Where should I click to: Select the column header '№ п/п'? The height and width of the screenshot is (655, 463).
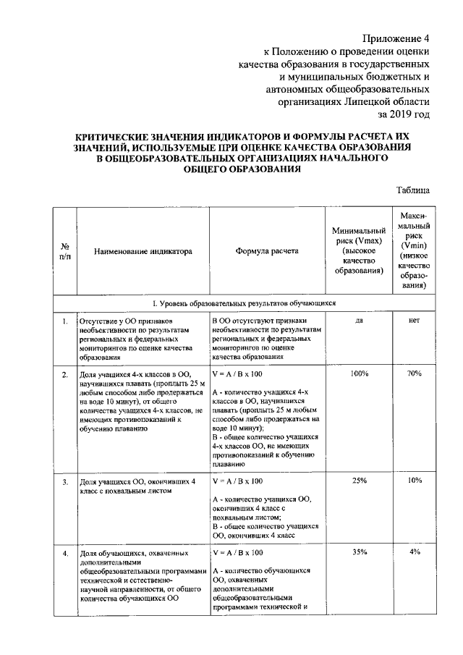point(65,251)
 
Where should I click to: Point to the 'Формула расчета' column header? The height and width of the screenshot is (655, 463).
point(266,252)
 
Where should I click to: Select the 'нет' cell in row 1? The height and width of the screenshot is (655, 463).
point(414,320)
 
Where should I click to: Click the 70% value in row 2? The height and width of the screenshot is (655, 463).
point(414,374)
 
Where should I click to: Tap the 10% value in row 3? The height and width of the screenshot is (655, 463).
point(414,481)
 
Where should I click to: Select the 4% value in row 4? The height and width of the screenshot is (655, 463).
point(414,552)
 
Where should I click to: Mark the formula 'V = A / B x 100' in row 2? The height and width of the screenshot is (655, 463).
point(237,374)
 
